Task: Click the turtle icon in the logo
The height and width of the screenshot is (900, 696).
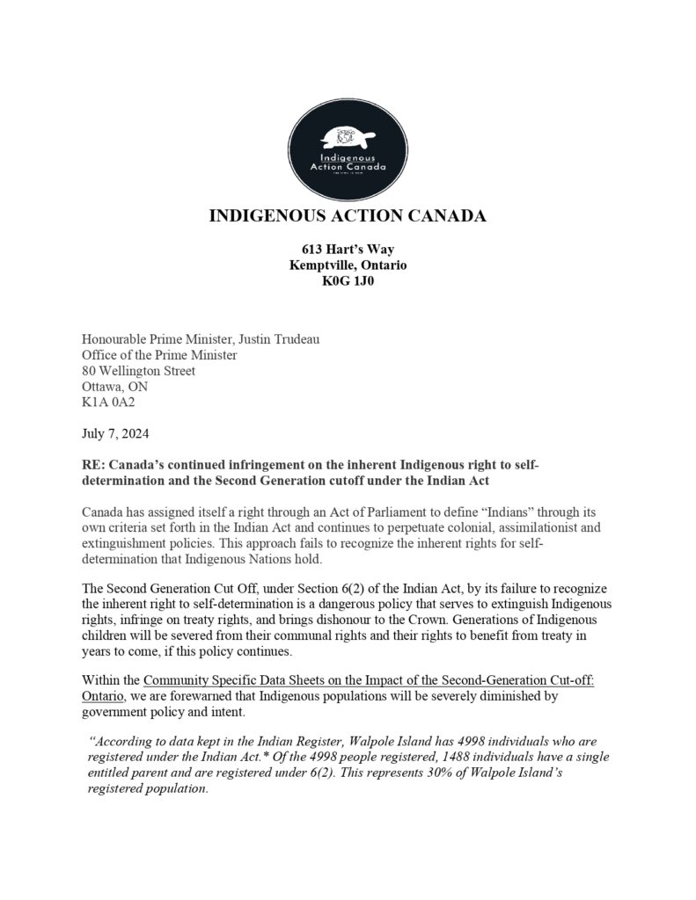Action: click(348, 137)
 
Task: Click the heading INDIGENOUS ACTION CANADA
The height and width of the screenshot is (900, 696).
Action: click(348, 217)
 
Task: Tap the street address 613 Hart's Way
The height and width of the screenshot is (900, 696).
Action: click(348, 250)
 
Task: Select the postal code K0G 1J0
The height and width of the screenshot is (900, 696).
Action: click(348, 281)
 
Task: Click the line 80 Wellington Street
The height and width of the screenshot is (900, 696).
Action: click(138, 371)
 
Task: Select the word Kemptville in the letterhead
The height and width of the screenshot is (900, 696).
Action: click(321, 265)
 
